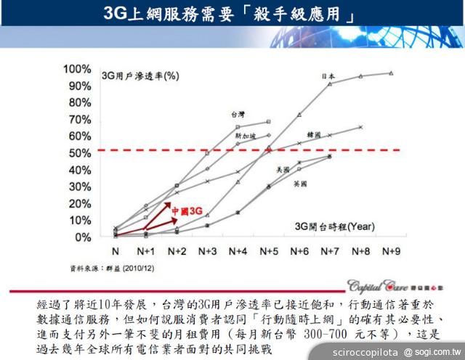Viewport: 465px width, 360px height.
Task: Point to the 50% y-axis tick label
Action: [79, 153]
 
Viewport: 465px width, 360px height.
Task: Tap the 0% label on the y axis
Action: [82, 237]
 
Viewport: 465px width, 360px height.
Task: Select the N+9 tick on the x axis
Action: [391, 250]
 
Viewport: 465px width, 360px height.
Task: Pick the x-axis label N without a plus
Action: [115, 250]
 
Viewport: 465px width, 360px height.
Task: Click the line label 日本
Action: [328, 76]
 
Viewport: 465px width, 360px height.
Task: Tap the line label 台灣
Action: [238, 113]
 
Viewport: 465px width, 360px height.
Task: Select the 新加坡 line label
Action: [245, 135]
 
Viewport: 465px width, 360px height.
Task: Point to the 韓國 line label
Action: [315, 135]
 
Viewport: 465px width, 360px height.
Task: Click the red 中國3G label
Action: [185, 210]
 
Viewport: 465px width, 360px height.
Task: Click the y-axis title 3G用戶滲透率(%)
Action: [140, 75]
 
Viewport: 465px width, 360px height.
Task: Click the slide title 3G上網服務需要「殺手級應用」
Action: [232, 14]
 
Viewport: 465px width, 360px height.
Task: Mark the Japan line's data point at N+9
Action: [391, 73]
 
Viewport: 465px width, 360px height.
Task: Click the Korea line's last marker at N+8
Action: [360, 127]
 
